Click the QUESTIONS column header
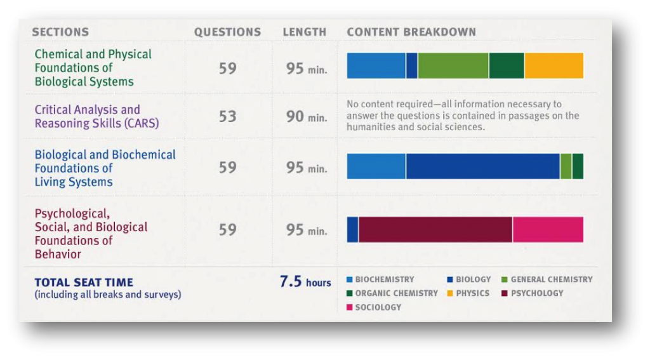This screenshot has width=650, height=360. [x=227, y=32]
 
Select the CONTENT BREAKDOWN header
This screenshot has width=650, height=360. [x=411, y=32]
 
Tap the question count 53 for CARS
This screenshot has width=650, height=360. [x=227, y=116]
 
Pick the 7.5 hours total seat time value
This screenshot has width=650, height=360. [x=305, y=282]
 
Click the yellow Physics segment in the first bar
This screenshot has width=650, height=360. [x=554, y=65]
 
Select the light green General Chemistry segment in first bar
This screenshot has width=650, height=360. [x=453, y=65]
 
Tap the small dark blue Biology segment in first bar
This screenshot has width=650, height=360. [x=411, y=65]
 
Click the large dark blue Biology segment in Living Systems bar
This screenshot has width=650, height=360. [x=482, y=166]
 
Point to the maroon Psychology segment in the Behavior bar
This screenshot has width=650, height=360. [x=435, y=229]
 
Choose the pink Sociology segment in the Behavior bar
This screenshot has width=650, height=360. [x=548, y=229]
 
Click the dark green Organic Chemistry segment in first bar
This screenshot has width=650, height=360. [x=507, y=65]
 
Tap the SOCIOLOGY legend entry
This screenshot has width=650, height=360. [x=377, y=307]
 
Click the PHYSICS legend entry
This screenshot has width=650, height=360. [x=472, y=293]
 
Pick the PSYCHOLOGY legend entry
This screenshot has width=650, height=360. [x=536, y=293]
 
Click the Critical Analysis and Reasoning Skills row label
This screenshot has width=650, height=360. [x=96, y=116]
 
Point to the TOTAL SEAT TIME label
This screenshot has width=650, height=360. [x=84, y=283]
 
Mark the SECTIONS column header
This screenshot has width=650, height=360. [x=60, y=32]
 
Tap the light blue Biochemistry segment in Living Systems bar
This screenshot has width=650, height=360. [x=376, y=166]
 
